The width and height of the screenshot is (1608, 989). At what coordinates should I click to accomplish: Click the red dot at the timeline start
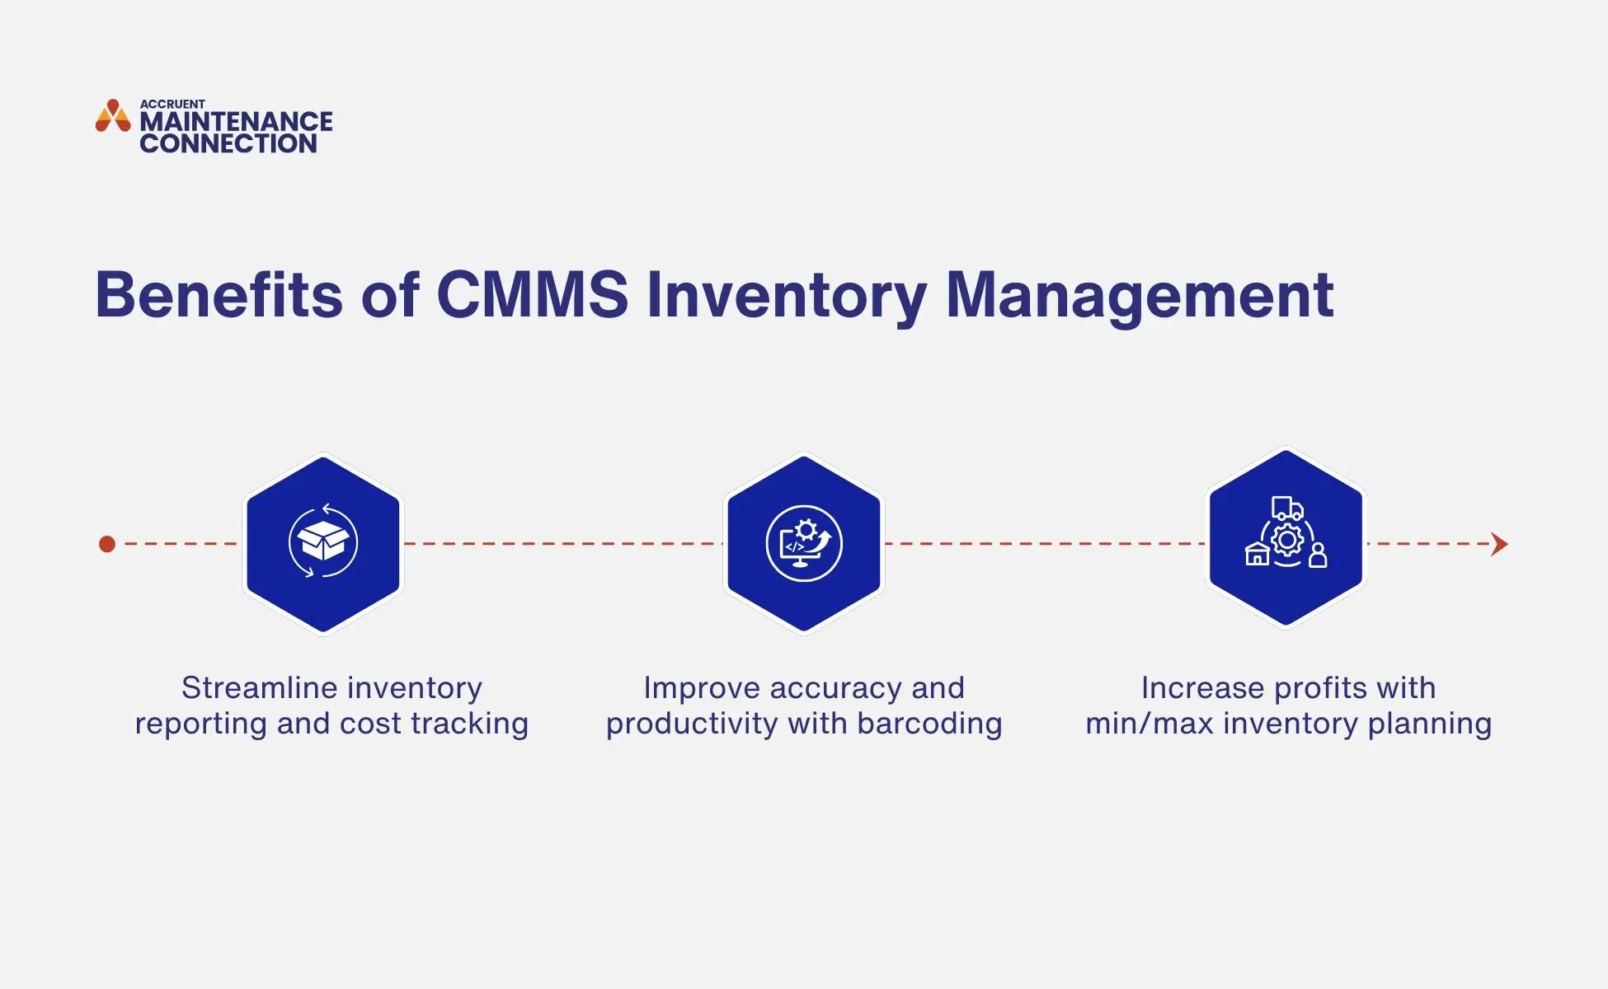107,544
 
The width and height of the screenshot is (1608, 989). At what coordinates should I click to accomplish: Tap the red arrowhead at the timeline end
1500,544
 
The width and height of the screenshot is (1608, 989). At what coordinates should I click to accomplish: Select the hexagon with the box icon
323,544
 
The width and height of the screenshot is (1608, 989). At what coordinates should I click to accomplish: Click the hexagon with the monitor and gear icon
804,544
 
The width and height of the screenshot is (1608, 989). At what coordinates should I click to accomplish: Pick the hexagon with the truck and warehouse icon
1286,537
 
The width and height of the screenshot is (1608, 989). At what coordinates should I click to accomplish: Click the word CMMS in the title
532,294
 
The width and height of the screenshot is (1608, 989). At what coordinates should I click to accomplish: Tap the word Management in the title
1140,294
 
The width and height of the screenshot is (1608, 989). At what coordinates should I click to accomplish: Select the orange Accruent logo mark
113,116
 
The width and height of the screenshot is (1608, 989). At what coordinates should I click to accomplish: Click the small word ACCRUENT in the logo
172,104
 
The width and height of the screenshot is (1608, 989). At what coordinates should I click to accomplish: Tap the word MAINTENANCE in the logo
236,122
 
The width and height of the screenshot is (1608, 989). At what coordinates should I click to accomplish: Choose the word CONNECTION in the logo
228,143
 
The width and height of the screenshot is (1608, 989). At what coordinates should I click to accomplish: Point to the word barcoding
929,724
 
